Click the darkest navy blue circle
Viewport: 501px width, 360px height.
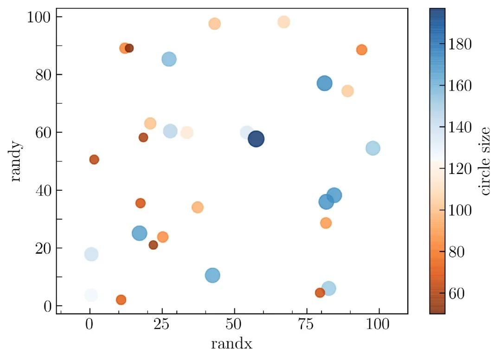click(x=256, y=139)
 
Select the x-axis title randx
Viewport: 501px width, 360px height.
click(x=231, y=344)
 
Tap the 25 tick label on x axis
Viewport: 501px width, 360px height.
click(x=162, y=325)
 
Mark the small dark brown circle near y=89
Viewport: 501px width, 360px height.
click(x=129, y=48)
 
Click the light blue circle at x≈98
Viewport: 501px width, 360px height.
click(x=373, y=148)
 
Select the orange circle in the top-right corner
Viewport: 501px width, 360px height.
click(x=362, y=50)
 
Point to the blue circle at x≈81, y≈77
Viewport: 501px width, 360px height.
click(x=325, y=84)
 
